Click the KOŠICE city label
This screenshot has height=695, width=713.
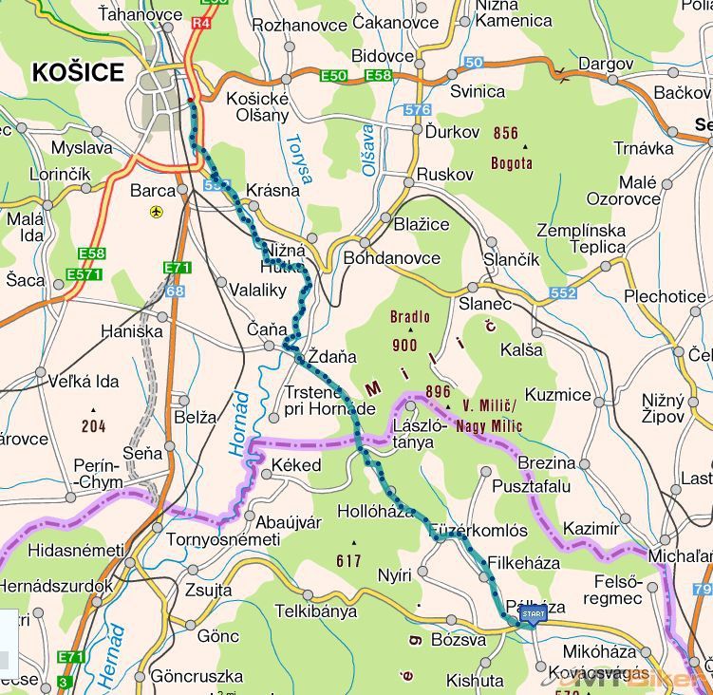tap(78, 72)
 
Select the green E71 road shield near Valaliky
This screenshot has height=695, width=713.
tap(177, 268)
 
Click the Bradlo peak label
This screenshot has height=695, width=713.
tap(410, 317)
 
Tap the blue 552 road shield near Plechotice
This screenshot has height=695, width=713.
tap(562, 293)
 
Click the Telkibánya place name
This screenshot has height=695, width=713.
tap(315, 611)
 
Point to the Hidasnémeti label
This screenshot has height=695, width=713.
tap(76, 550)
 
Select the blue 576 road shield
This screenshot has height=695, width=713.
tap(417, 110)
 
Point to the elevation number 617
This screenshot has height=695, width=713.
tap(348, 561)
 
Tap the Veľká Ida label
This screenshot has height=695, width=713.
tap(84, 382)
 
